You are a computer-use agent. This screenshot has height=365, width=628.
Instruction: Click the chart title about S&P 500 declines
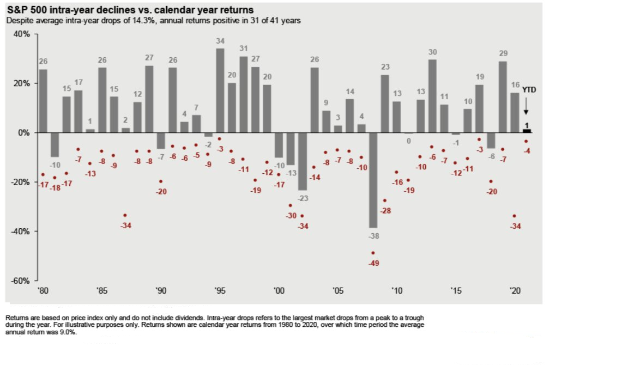(130, 10)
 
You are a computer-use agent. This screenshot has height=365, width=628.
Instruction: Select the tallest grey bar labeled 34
(220, 90)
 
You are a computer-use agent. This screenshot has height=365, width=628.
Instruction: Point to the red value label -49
(374, 263)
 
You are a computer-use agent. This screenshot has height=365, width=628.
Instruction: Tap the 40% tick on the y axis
(21, 34)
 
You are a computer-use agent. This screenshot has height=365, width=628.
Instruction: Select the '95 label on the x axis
(220, 291)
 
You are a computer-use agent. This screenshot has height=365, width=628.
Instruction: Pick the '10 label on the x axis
(397, 291)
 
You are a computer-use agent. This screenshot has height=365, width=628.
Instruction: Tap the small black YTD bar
(527, 131)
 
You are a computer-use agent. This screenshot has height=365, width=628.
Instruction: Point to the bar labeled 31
(244, 94)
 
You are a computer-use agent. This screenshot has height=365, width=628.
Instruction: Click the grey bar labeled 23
(385, 104)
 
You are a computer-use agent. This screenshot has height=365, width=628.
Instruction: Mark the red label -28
(386, 210)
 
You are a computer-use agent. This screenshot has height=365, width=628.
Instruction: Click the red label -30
(291, 216)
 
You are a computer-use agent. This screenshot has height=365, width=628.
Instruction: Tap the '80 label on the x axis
(43, 291)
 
